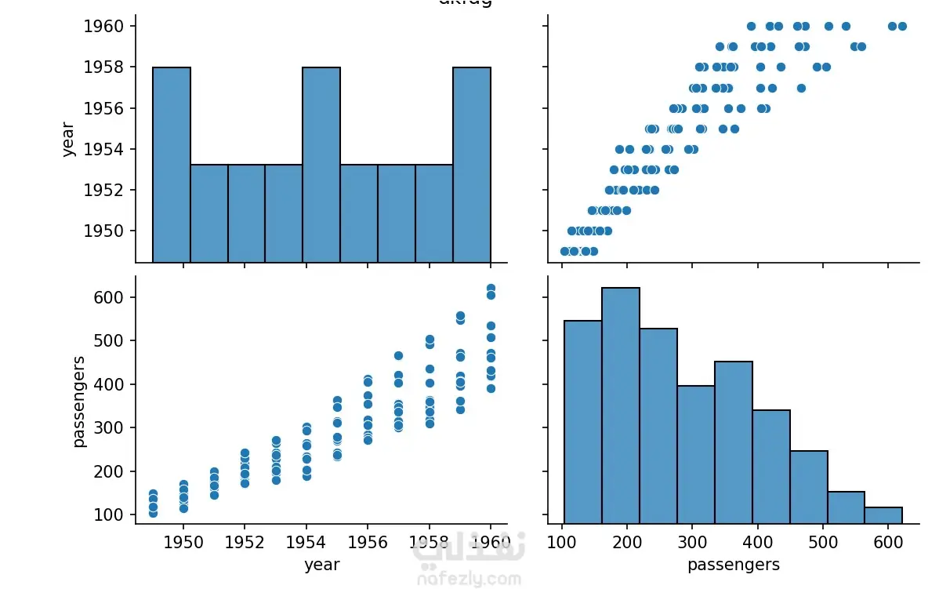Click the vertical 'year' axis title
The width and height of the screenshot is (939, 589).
68,139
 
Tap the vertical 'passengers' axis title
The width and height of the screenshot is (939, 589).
78,401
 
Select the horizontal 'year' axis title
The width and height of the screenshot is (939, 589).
321,565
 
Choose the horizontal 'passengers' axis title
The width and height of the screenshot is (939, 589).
733,565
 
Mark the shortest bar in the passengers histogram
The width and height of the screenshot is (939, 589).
883,515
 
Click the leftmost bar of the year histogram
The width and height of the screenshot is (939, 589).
172,165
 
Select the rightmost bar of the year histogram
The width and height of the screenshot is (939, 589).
472,165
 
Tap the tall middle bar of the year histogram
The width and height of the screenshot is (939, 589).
321,165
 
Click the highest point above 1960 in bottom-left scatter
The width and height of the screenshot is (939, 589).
491,289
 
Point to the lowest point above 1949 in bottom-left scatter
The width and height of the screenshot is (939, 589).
153,513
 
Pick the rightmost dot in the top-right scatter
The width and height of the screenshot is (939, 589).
902,27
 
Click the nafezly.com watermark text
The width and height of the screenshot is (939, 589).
468,580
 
